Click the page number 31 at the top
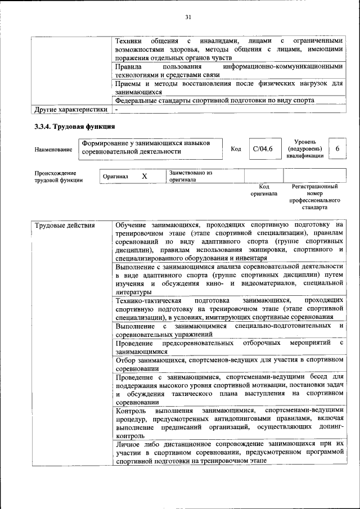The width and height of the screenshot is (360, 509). coord(188,17)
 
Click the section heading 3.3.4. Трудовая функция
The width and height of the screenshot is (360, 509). coord(75,127)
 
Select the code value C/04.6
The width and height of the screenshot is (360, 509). coord(263,148)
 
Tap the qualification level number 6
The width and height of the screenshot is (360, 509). coord(337,148)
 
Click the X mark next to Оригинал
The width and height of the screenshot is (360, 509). coord(144,177)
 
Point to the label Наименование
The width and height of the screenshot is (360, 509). coord(53,150)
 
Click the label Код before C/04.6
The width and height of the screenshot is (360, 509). coord(236,149)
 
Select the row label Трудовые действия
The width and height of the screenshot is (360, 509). coord(57,226)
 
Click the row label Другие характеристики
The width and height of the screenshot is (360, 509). coord(70,109)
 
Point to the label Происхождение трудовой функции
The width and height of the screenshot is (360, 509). coord(58,177)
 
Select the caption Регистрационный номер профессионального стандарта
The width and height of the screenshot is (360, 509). coord(314,196)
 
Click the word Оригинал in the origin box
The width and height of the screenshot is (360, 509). coord(115,177)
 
